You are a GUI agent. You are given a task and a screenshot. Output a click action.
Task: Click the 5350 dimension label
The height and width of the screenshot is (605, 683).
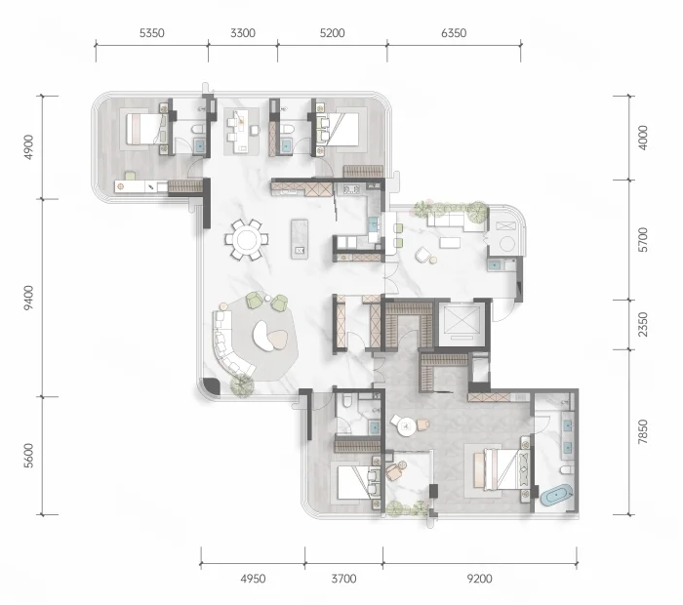coord(151,33)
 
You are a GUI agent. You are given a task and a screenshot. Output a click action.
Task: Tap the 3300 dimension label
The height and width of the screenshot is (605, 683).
coord(243,33)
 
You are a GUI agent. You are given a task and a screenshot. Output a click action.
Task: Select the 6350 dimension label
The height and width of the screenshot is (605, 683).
coord(454,33)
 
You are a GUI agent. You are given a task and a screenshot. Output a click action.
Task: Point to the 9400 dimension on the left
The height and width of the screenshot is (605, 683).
coord(28,298)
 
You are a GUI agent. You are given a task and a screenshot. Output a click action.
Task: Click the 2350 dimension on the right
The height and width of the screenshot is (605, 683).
coord(642,325)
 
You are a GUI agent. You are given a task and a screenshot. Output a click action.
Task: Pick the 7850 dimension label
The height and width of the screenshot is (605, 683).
coord(642,432)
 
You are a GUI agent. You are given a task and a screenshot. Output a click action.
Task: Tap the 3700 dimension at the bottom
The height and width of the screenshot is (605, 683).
coord(343,579)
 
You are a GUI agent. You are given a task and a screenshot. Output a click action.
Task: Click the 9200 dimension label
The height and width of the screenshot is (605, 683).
coord(479,579)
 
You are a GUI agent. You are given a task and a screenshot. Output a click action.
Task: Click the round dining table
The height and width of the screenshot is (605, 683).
coord(247,240)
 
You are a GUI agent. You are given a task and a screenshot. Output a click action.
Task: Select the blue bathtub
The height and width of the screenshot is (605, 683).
coord(556,495)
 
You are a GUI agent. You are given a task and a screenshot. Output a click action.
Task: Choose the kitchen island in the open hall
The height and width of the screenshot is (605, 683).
coord(300,239)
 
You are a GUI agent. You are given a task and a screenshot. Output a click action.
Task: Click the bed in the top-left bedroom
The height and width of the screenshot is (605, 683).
coord(146,129)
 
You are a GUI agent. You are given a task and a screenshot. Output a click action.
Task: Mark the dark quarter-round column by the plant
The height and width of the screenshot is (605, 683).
coord(211,385)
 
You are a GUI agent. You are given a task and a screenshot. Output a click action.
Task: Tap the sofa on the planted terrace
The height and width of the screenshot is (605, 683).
coord(456,221)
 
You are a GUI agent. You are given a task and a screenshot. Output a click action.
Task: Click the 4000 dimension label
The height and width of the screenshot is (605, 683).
coord(642,138)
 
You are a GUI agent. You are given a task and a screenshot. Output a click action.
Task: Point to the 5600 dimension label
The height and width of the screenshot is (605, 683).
coord(28,456)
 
